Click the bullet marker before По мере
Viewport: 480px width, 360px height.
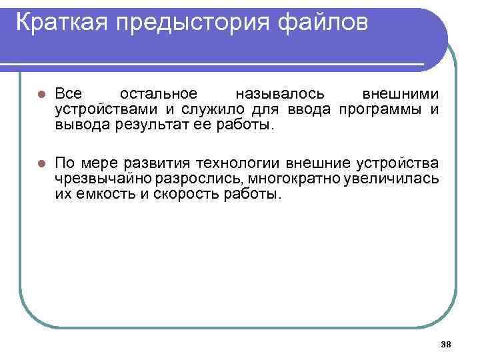(41, 163)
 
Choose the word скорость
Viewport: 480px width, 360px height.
(189, 195)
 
